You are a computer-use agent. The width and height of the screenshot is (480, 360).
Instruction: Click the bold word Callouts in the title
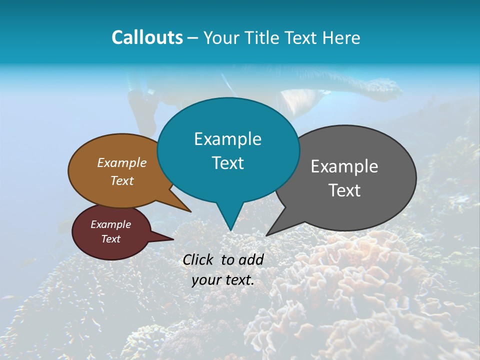point(147,37)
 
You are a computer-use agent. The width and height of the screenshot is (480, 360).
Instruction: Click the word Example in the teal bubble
point(227,139)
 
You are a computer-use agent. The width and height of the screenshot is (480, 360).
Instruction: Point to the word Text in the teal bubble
point(227,163)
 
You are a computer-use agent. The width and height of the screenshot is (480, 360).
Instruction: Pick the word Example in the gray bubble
point(344,166)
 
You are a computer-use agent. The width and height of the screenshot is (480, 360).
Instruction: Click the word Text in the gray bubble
point(344,190)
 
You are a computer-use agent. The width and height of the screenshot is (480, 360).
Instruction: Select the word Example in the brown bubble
point(122,162)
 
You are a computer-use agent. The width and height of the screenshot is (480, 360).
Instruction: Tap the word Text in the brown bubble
point(122,180)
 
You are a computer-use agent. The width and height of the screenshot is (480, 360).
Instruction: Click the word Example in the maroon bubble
point(110,224)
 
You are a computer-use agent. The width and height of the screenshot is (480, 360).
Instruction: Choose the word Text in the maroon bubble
point(110,239)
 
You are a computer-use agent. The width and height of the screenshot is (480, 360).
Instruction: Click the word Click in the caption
point(197,259)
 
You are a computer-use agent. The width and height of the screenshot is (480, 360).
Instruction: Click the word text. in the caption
point(238,280)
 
